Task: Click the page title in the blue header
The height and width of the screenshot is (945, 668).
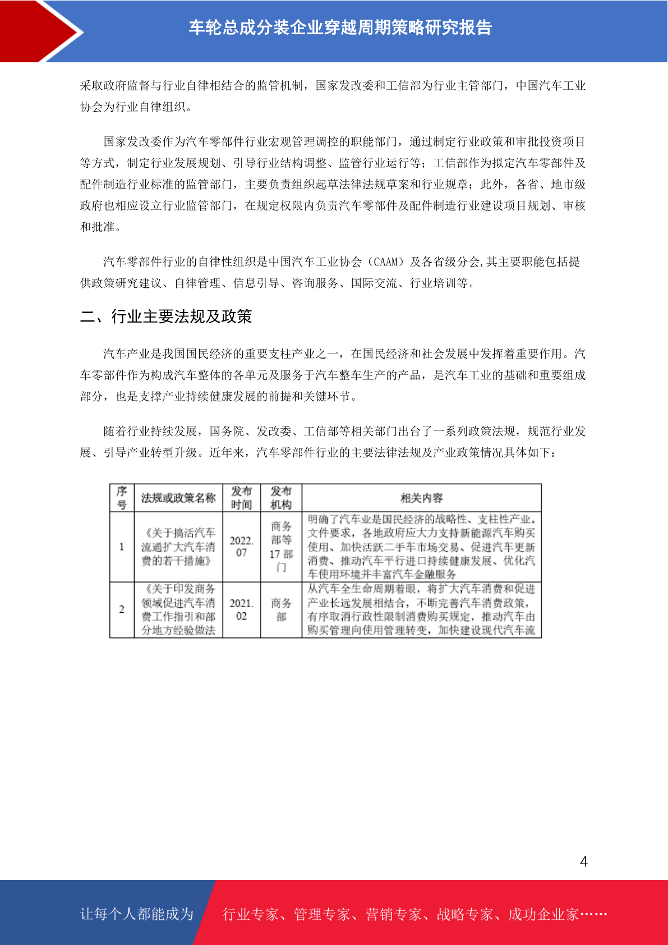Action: pyautogui.click(x=340, y=27)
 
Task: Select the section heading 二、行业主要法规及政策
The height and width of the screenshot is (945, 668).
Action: pyautogui.click(x=166, y=316)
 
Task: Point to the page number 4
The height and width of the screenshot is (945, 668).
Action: pyautogui.click(x=584, y=861)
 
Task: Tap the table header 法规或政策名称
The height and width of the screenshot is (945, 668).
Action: pyautogui.click(x=178, y=498)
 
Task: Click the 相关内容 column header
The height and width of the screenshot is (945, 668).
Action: pyautogui.click(x=421, y=498)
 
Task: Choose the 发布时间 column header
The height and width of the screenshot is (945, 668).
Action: pyautogui.click(x=242, y=498)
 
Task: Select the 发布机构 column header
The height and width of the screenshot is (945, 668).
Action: pyautogui.click(x=281, y=498)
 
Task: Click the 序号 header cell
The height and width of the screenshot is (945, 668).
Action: pyautogui.click(x=122, y=498)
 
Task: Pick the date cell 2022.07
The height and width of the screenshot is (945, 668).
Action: pyautogui.click(x=242, y=547)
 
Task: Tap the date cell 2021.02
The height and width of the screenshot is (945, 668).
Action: pyautogui.click(x=242, y=609)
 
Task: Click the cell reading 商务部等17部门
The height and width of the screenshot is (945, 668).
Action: pyautogui.click(x=281, y=547)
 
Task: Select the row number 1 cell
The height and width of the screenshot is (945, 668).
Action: pyautogui.click(x=122, y=547)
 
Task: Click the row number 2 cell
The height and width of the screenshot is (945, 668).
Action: pyautogui.click(x=122, y=609)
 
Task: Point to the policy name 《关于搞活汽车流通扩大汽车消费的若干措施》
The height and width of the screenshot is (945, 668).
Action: pyautogui.click(x=178, y=547)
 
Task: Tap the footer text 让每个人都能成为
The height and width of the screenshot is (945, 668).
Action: pyautogui.click(x=137, y=914)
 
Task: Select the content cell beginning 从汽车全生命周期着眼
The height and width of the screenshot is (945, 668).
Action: pyautogui.click(x=421, y=609)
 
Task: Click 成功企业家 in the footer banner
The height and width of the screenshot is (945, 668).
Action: pyautogui.click(x=543, y=915)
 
